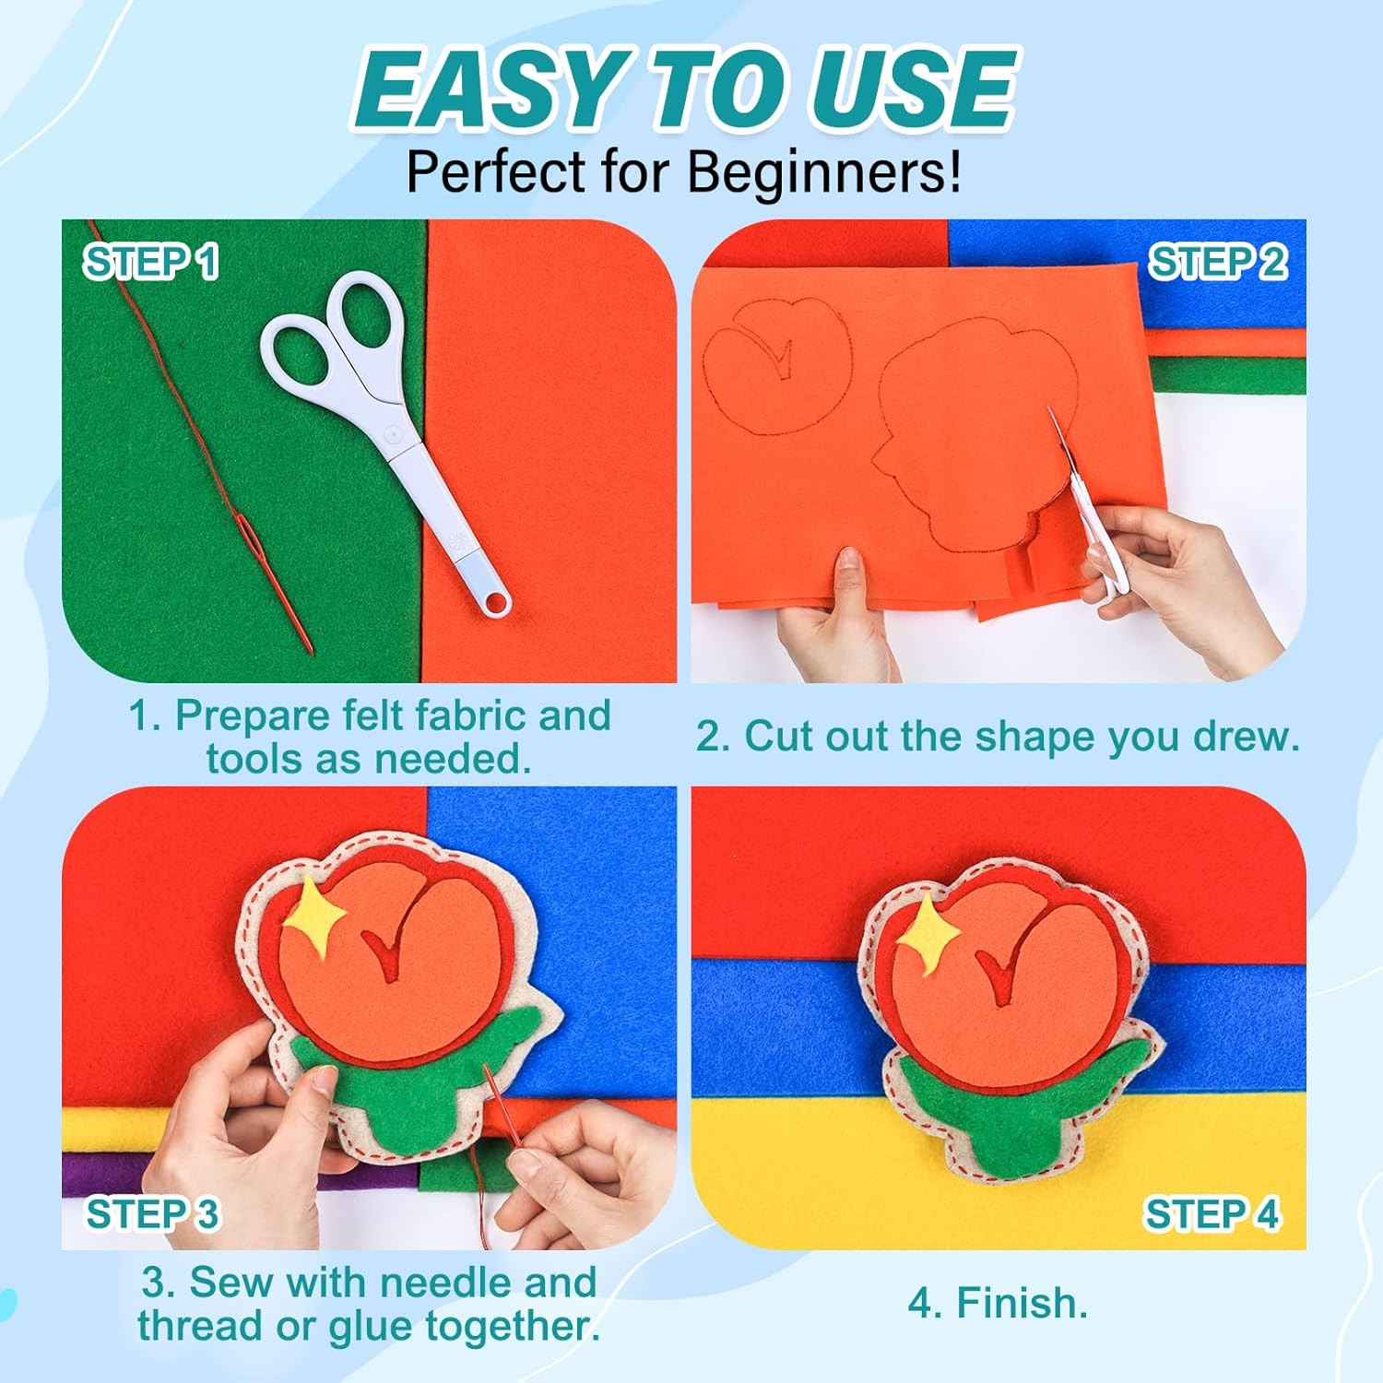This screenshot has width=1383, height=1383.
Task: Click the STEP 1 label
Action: click(151, 262)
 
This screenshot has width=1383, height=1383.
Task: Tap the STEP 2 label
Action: click(1217, 263)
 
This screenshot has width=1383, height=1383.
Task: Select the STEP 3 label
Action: click(153, 1214)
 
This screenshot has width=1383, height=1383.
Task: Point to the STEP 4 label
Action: click(1212, 1214)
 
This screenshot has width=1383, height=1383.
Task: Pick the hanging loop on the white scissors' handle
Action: click(495, 600)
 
